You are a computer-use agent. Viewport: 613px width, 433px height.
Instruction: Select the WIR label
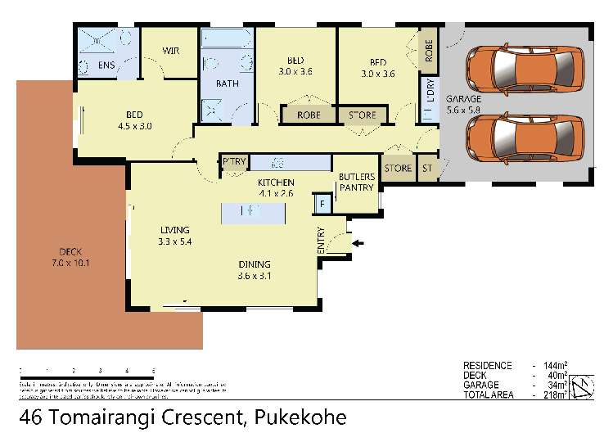pyautogui.click(x=170, y=52)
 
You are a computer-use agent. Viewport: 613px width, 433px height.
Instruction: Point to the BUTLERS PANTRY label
pyautogui.click(x=357, y=182)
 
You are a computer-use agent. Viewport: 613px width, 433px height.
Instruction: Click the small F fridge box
pyautogui.click(x=323, y=203)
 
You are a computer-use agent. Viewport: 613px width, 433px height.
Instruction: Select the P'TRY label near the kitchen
pyautogui.click(x=233, y=162)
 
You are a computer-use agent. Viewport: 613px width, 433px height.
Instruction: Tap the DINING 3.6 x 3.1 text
pyautogui.click(x=254, y=269)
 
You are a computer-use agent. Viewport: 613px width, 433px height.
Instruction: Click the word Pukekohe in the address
pyautogui.click(x=297, y=417)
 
